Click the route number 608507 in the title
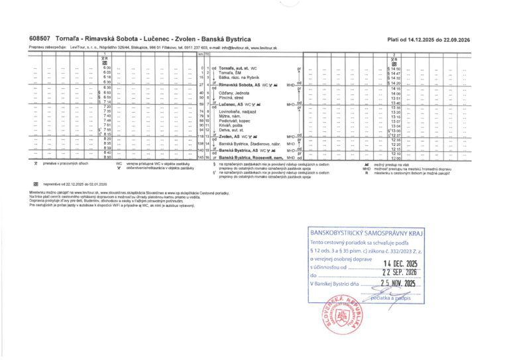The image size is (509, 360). coord(40,39)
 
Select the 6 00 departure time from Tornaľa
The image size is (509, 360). coord(106,68)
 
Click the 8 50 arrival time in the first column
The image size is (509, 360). coord(106,157)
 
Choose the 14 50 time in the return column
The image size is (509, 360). coord(396,68)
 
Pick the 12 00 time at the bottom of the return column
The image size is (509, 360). coord(396,158)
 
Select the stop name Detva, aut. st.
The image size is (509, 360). coord(232,130)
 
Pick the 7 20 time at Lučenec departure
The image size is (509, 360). coord(106,107)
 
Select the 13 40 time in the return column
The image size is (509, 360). coord(396,103)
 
